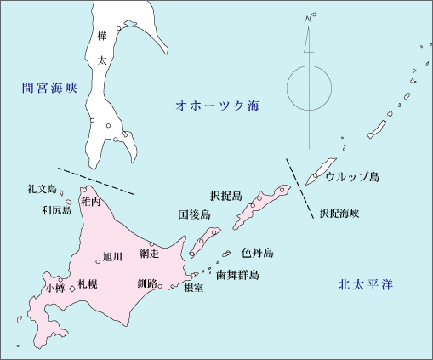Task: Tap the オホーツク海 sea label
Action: point(216,106)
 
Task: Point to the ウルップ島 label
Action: point(352,178)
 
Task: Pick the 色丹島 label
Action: point(257,254)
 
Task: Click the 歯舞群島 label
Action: point(237,275)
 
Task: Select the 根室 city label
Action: point(193,288)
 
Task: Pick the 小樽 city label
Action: point(55,289)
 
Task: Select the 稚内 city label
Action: point(91,203)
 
